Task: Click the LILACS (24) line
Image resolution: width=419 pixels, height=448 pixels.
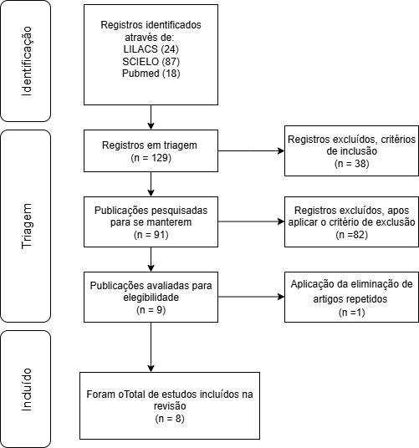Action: pyautogui.click(x=151, y=49)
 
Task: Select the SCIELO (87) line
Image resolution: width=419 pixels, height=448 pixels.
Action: pyautogui.click(x=151, y=61)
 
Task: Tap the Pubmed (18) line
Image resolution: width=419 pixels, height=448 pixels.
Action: pyautogui.click(x=151, y=74)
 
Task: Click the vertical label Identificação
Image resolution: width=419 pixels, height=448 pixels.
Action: pyautogui.click(x=27, y=61)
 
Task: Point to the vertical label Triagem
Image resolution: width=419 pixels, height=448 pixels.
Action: pyautogui.click(x=27, y=226)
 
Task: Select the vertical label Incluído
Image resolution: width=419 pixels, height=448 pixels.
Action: pyautogui.click(x=27, y=389)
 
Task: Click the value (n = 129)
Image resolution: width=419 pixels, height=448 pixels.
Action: pyautogui.click(x=151, y=158)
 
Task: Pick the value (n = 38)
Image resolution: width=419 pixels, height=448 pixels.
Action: pyautogui.click(x=351, y=164)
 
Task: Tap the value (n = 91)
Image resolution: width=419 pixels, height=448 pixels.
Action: pyautogui.click(x=151, y=235)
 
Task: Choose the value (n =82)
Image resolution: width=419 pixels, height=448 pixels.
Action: pyautogui.click(x=351, y=235)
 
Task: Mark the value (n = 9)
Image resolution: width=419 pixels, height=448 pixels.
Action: pyautogui.click(x=151, y=310)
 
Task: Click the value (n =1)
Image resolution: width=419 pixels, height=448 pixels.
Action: pyautogui.click(x=351, y=313)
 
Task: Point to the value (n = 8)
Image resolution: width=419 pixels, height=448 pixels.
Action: pyautogui.click(x=170, y=419)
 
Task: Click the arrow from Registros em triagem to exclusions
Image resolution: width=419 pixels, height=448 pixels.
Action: pyautogui.click(x=251, y=150)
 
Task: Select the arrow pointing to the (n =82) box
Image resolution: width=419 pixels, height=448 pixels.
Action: pyautogui.click(x=251, y=221)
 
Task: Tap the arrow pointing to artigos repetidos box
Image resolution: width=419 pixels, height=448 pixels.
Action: pyautogui.click(x=251, y=297)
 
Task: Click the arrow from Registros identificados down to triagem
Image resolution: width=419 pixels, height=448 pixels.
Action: pyautogui.click(x=151, y=117)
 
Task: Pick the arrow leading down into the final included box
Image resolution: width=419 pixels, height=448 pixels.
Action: pyautogui.click(x=151, y=347)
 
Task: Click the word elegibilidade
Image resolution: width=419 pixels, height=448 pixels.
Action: pyautogui.click(x=151, y=298)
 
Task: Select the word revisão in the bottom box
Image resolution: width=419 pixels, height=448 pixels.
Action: pyautogui.click(x=170, y=406)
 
